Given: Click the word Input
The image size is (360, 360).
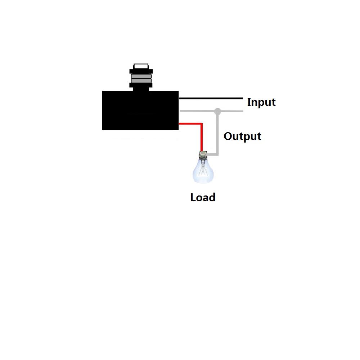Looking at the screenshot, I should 261,102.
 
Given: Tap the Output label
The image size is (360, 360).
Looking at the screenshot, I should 242,136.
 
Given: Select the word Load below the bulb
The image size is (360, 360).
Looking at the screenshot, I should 203,197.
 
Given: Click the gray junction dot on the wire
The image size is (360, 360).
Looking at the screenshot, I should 217,111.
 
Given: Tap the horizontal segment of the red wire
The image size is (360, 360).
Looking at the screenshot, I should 190,124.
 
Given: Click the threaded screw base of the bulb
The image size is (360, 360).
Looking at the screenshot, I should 203,155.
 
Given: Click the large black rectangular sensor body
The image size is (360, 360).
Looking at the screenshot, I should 140,110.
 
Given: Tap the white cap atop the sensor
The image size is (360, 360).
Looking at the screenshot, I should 141,66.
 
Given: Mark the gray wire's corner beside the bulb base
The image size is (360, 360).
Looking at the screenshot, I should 217,154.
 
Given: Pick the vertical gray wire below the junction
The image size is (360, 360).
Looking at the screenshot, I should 217,133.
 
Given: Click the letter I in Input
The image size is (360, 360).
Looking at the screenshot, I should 249,102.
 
